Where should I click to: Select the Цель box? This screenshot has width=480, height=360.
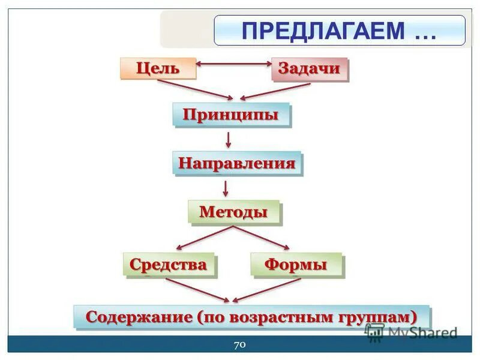click(x=158, y=68)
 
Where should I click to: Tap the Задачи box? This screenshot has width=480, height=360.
click(x=309, y=68)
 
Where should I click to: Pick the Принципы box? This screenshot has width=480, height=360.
click(x=231, y=115)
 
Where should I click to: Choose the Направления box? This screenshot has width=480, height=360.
click(x=237, y=163)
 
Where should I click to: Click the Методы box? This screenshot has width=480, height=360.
click(x=234, y=212)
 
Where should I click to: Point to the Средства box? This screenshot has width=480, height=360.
click(x=169, y=264)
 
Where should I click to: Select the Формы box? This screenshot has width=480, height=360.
click(x=296, y=265)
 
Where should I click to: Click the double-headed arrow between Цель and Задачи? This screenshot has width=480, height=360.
click(x=234, y=63)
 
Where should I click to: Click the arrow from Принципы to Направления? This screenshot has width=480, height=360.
click(x=228, y=140)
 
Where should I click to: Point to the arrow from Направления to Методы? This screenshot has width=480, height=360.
click(x=226, y=188)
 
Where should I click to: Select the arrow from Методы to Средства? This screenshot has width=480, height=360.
click(x=202, y=238)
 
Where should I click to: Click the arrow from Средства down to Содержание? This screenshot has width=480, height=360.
click(x=198, y=290)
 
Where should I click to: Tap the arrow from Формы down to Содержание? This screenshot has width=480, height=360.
click(x=266, y=290)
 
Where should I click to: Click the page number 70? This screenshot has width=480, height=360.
click(x=239, y=344)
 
